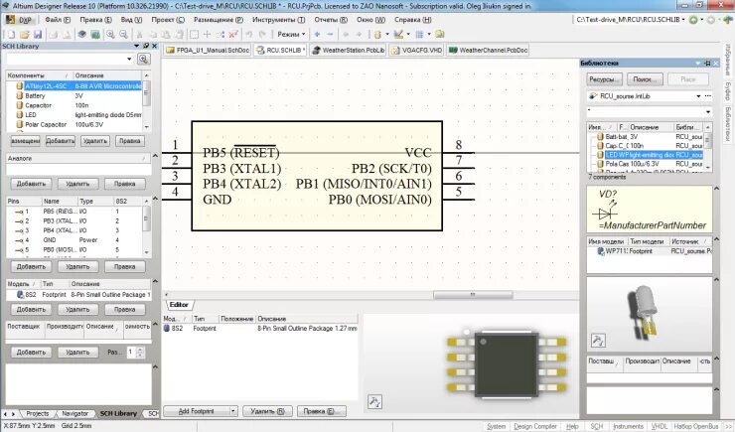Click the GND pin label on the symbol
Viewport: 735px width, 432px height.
coord(218,199)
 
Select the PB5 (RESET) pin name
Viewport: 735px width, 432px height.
coord(240,152)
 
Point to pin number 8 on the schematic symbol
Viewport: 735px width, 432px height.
coord(458,145)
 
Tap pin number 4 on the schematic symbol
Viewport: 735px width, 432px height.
coord(175,192)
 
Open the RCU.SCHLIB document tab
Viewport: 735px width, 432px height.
coord(281,50)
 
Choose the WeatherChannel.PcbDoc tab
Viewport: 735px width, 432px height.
coord(493,50)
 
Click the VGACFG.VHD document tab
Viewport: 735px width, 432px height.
coord(419,50)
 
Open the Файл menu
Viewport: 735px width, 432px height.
coord(57,19)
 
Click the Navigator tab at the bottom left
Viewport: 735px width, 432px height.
coord(74,413)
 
